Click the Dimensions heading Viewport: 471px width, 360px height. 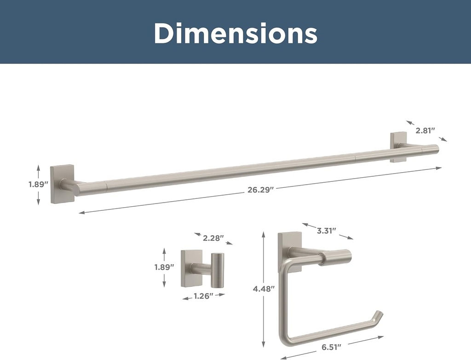[235, 33]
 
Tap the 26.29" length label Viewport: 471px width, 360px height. [261, 190]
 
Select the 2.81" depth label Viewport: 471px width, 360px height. [425, 131]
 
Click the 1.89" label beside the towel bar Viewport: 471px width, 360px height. [39, 184]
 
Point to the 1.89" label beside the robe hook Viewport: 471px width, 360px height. [164, 267]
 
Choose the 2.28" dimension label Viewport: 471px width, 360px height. [213, 238]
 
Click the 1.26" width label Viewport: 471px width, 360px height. [203, 296]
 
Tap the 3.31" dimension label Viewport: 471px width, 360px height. [327, 231]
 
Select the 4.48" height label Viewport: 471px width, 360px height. [264, 289]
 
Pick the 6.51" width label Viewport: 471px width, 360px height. [332, 347]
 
